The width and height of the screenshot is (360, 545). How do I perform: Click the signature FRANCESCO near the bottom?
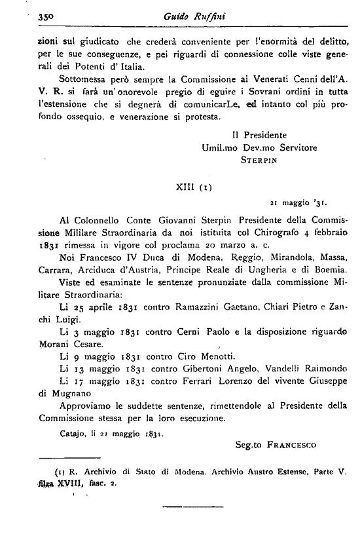point(291,446)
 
